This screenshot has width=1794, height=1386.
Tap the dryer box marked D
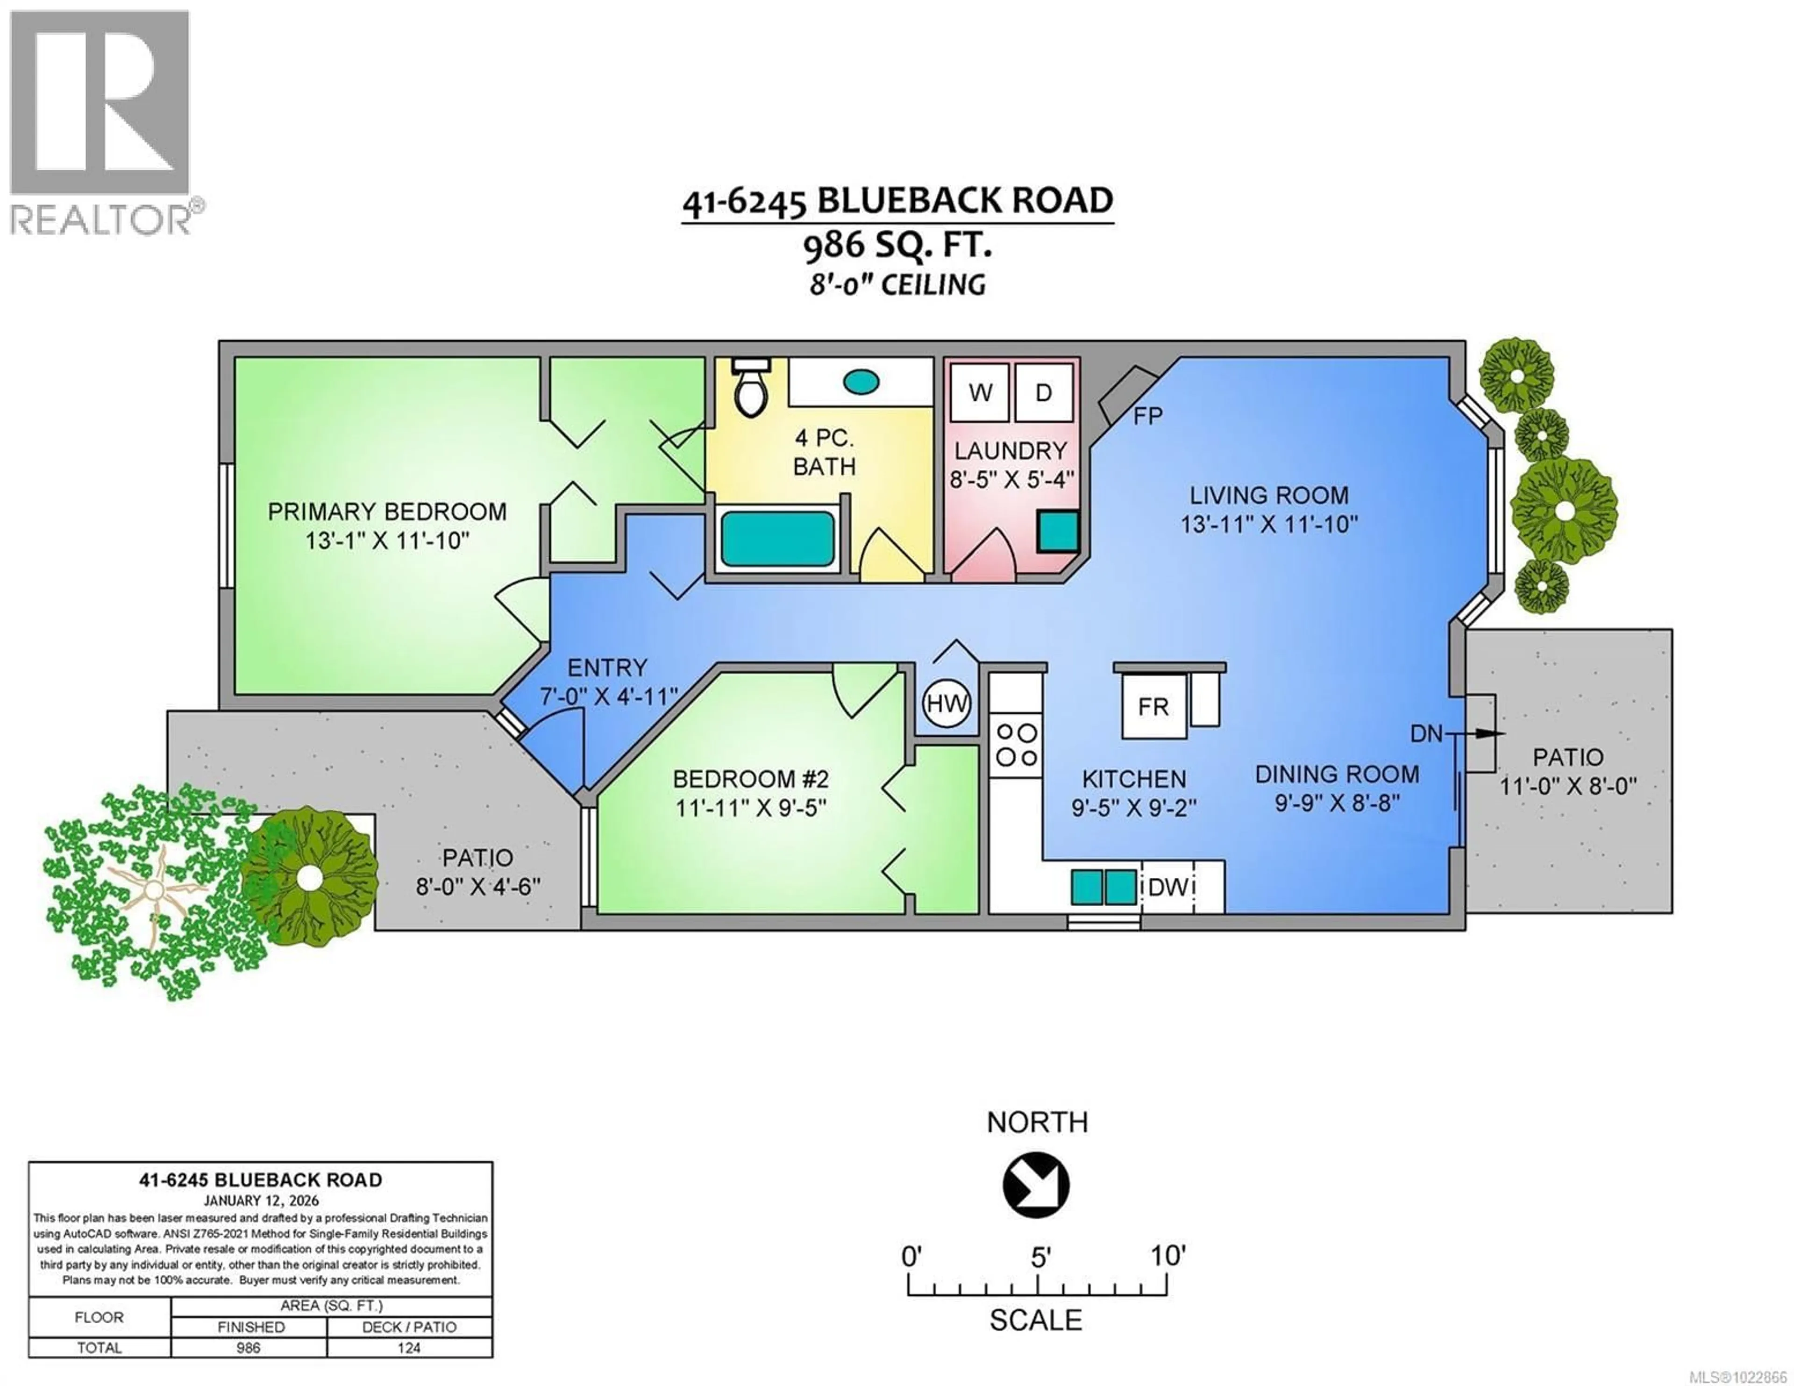tap(1043, 393)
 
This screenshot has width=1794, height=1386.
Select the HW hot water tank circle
tap(947, 704)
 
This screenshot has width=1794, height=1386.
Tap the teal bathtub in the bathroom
tap(777, 538)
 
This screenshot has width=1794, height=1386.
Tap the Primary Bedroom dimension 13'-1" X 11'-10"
tap(387, 540)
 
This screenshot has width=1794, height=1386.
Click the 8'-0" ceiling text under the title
tap(897, 285)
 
